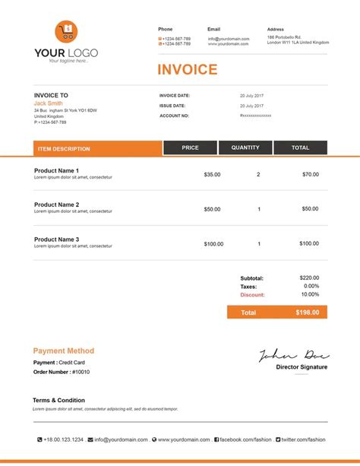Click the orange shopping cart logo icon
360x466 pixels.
[x=66, y=33]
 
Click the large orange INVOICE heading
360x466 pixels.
[x=187, y=70]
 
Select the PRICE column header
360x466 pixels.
[x=190, y=147]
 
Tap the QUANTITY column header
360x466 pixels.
[x=245, y=147]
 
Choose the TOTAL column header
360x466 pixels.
[x=300, y=147]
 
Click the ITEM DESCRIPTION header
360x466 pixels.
[x=64, y=149]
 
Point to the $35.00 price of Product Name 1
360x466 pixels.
[x=212, y=174]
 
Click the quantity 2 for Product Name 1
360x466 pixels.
[x=258, y=174]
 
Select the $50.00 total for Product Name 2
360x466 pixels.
[x=310, y=209]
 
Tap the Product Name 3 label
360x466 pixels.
[x=56, y=239]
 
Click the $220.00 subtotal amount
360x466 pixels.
[x=310, y=278]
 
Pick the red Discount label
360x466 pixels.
[x=252, y=294]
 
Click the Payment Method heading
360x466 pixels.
[x=64, y=350]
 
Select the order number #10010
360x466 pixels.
[x=81, y=372]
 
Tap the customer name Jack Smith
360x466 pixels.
[x=49, y=103]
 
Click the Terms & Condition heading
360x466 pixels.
[x=58, y=400]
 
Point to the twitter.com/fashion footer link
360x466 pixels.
[x=303, y=439]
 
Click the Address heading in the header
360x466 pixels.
[x=276, y=29]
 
